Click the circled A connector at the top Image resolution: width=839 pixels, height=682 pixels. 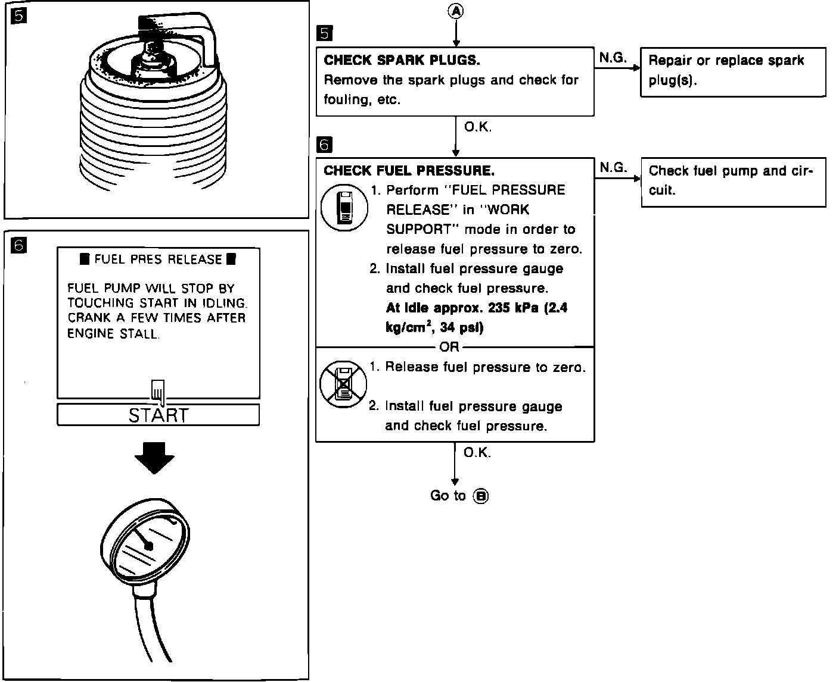(456, 11)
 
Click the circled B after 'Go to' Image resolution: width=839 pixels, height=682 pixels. (480, 496)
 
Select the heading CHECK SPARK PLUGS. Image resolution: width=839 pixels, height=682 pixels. (402, 60)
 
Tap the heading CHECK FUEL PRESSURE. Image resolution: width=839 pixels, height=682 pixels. (409, 171)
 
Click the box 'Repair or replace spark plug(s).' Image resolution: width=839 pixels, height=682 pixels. (733, 71)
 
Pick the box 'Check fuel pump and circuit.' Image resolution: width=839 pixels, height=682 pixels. (733, 182)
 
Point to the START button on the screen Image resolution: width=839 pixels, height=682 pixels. (158, 415)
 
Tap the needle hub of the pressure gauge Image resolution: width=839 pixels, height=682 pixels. (149, 546)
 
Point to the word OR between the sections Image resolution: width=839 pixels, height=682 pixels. (449, 347)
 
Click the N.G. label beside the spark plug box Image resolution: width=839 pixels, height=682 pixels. (613, 58)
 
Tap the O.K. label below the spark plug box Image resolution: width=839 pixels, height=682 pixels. (477, 127)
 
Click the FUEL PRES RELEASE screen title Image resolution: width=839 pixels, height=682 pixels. (158, 259)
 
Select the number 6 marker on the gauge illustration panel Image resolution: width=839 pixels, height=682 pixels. (19, 245)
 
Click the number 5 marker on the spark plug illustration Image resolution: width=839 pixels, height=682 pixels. (19, 16)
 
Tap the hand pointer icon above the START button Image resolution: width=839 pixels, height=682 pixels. (158, 390)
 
